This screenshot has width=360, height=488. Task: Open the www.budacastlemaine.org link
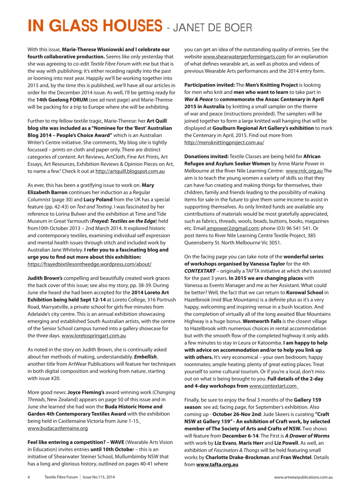click(x=58, y=417)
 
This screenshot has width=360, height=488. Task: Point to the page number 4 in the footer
click(x=29, y=477)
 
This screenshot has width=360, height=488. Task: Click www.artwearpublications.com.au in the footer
click(x=304, y=477)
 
